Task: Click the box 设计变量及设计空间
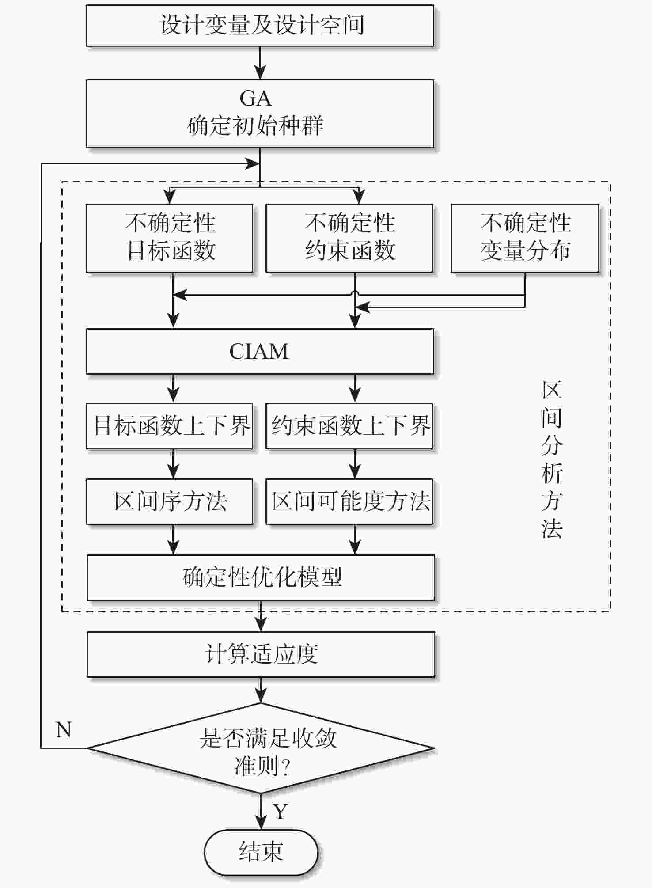[260, 25]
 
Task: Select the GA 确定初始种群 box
[260, 114]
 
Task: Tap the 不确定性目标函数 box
[169, 238]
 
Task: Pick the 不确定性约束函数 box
[349, 238]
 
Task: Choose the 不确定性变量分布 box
[525, 238]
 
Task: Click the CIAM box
[260, 351]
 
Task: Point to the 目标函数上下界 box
[169, 426]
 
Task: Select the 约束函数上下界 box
[349, 426]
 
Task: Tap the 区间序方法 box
[169, 501]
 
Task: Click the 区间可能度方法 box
[349, 501]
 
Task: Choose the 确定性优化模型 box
[261, 577]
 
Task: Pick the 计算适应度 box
[261, 654]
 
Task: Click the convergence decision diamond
[261, 748]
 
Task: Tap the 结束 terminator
[261, 852]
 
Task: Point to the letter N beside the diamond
[64, 729]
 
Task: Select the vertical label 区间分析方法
[552, 459]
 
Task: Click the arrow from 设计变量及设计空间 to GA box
[260, 63]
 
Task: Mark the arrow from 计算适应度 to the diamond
[261, 690]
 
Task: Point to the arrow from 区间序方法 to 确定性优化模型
[173, 539]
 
